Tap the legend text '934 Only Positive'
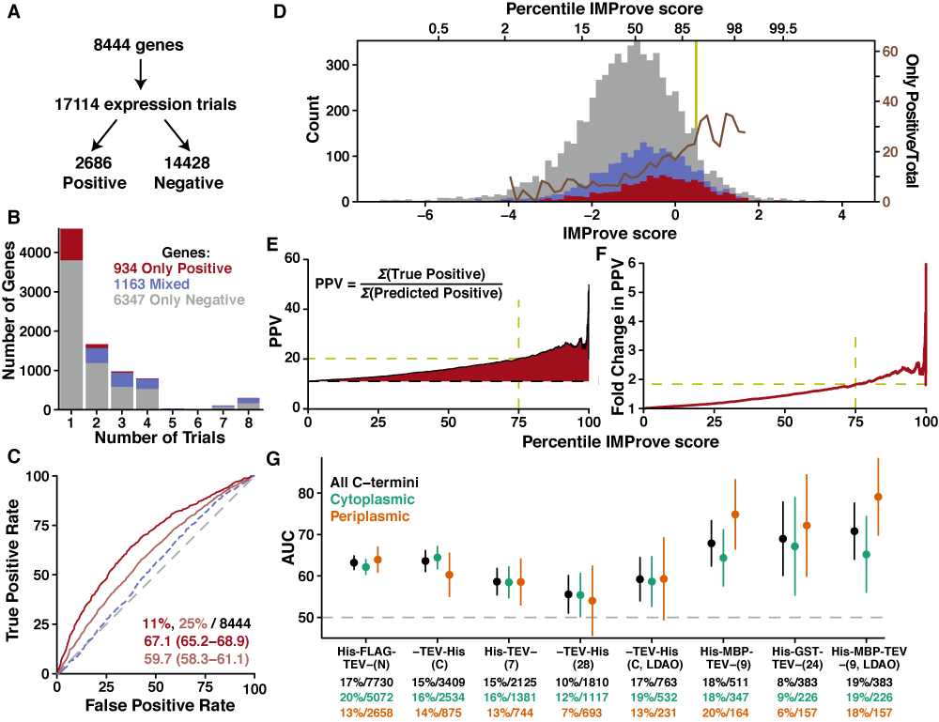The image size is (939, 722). pos(172,267)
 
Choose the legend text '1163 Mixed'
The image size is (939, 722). pos(149,283)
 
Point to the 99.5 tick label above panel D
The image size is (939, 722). pos(782,29)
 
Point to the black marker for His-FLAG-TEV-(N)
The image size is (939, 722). pos(354,562)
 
